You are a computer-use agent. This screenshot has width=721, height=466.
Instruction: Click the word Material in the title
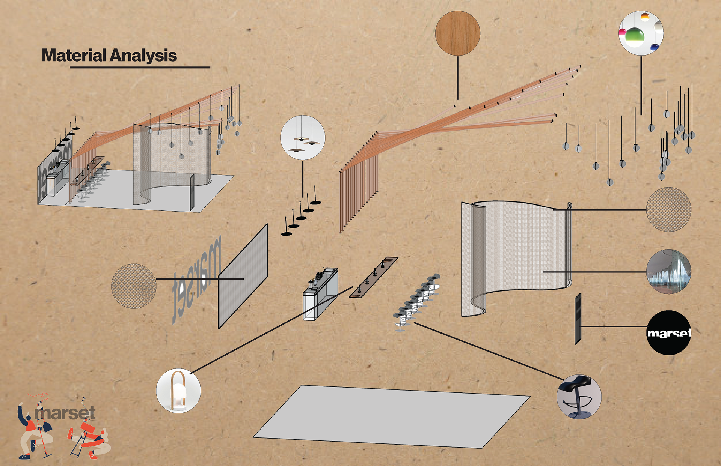click(74, 56)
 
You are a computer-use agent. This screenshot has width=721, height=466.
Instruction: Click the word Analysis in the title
click(143, 56)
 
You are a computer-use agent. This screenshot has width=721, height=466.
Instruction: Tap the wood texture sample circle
click(457, 33)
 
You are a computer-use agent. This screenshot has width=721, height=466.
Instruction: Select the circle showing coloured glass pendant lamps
click(641, 33)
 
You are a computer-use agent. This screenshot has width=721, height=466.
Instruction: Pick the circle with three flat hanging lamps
click(303, 138)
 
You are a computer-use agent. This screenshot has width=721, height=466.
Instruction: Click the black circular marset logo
click(669, 332)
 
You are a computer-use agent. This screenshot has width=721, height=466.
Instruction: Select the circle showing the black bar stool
click(579, 397)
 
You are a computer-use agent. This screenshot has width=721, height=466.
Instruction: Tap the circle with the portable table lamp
click(178, 391)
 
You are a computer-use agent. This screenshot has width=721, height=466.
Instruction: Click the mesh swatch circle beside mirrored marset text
click(134, 286)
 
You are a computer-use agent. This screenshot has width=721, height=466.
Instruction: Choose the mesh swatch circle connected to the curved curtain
click(668, 209)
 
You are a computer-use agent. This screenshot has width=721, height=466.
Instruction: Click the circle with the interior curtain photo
click(668, 271)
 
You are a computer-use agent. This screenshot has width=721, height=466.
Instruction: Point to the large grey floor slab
click(391, 416)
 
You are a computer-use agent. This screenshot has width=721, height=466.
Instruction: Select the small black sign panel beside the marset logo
click(578, 319)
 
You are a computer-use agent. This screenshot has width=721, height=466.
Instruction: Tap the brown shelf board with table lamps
click(374, 278)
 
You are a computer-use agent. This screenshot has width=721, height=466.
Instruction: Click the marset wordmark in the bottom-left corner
click(65, 413)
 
